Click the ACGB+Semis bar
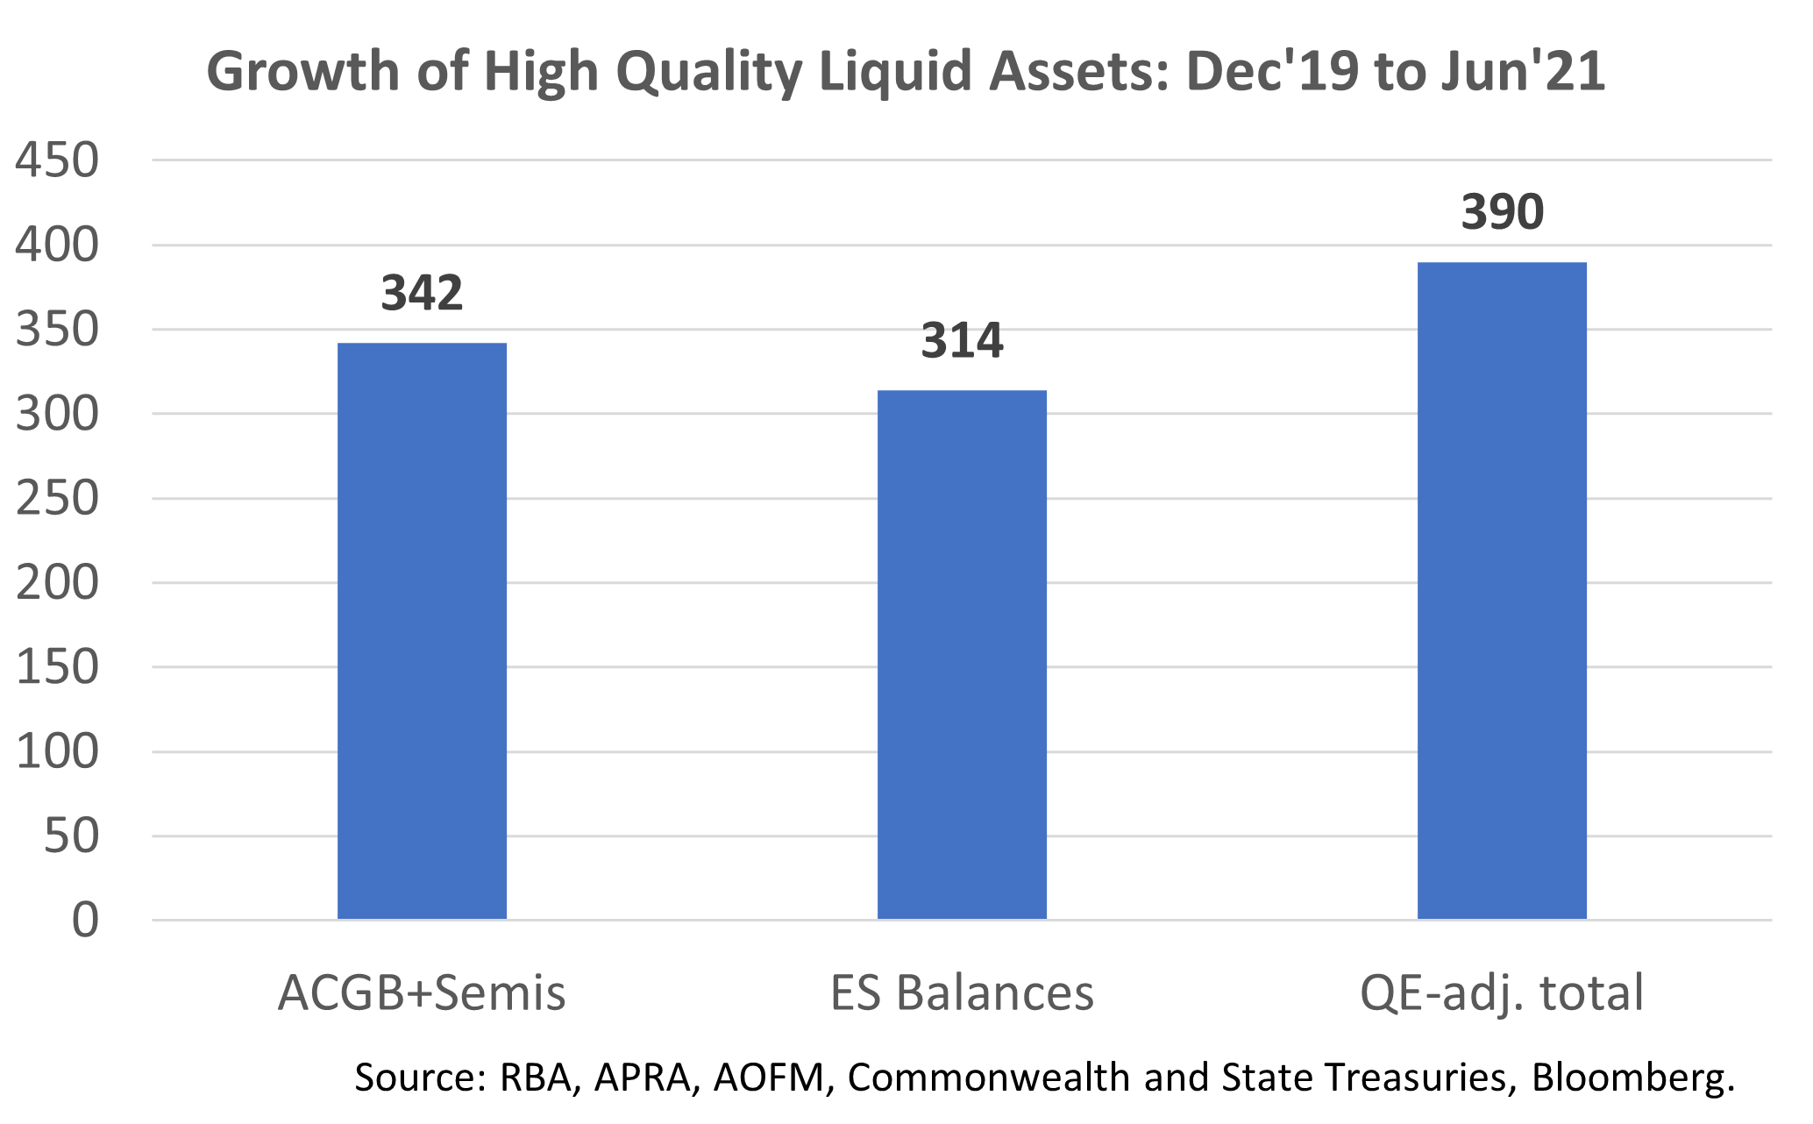[x=422, y=630]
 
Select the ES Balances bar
[x=962, y=654]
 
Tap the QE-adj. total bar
[x=1502, y=590]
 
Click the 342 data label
[x=422, y=293]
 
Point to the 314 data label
[x=962, y=340]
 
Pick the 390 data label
[x=1502, y=212]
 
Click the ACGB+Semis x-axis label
[x=422, y=993]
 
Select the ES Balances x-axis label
[x=962, y=993]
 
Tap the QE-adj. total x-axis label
[x=1502, y=993]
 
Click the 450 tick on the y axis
[x=57, y=160]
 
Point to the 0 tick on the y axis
[x=85, y=921]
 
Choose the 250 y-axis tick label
[x=57, y=499]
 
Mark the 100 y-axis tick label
[x=57, y=752]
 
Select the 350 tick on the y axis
[x=57, y=330]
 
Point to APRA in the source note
[x=642, y=1078]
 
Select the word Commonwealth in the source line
[x=988, y=1078]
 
